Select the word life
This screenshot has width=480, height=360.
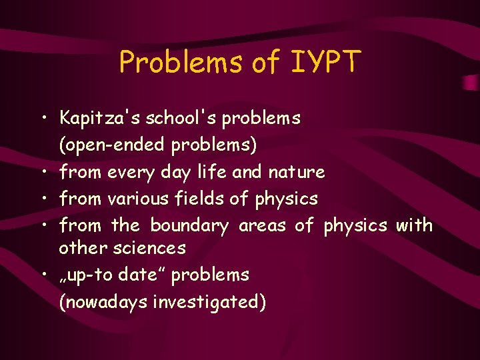[213, 172]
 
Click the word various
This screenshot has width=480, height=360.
[137, 199]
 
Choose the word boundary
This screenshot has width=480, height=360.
[189, 225]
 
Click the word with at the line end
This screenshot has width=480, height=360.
[414, 225]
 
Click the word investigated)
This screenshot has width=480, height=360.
[209, 302]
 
